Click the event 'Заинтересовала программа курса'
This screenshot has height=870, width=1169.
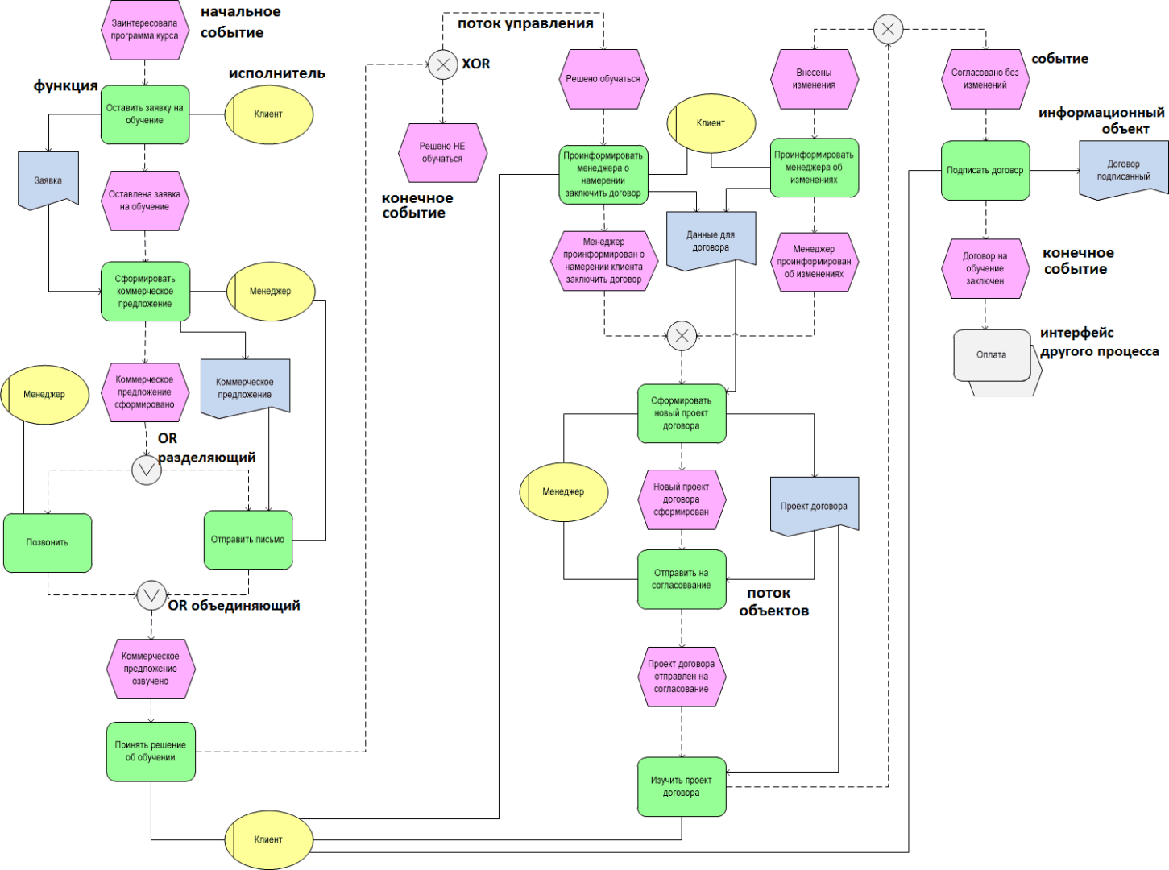click(145, 30)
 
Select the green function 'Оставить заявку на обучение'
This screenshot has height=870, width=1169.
click(145, 114)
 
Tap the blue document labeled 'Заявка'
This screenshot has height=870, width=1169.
click(48, 180)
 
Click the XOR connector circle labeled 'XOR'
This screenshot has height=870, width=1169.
click(442, 64)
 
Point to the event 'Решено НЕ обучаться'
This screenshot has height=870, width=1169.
click(442, 152)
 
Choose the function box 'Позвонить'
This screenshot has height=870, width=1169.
click(48, 543)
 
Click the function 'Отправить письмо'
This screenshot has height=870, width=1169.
click(248, 540)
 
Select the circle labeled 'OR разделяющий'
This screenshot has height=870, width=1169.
click(147, 470)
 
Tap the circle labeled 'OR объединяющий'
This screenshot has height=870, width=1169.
click(151, 595)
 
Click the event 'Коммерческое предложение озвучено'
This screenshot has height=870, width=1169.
click(151, 669)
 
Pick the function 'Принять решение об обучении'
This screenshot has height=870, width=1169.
click(151, 752)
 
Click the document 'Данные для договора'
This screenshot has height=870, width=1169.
click(711, 240)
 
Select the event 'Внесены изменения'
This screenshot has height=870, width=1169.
click(814, 79)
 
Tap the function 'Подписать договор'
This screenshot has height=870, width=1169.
click(985, 171)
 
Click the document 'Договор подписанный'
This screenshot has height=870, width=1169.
click(1123, 170)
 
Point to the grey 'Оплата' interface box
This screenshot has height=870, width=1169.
click(992, 355)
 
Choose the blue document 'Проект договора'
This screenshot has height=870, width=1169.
click(814, 506)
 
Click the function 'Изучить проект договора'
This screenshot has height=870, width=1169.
click(682, 786)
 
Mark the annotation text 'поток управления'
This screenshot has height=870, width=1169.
click(525, 23)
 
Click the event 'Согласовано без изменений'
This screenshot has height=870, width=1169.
click(985, 79)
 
